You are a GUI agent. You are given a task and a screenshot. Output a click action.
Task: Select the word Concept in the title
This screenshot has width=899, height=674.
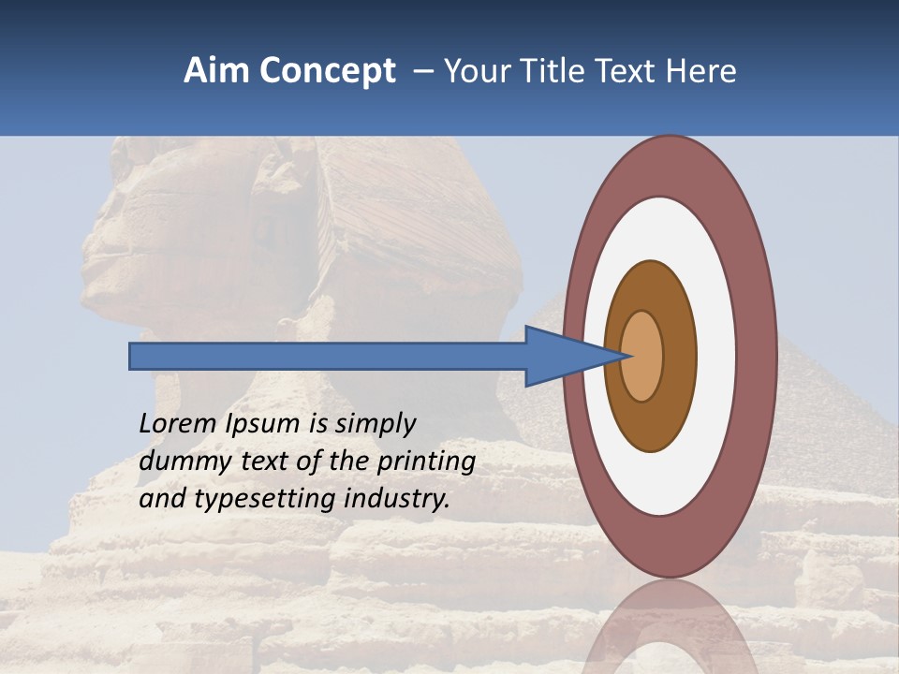(327, 71)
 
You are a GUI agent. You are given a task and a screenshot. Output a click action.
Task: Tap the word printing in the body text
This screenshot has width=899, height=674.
(425, 462)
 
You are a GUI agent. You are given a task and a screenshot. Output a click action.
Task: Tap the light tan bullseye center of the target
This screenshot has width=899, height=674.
(642, 356)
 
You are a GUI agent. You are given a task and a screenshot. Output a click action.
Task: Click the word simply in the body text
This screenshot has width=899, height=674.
(375, 424)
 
